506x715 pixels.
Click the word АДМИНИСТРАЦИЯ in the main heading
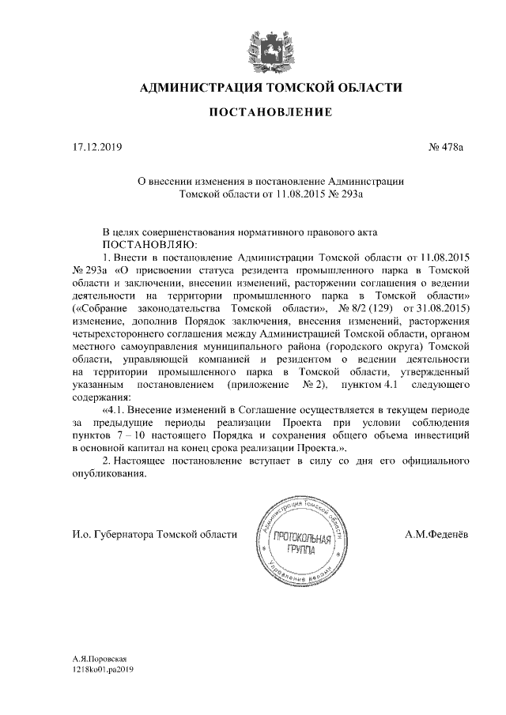point(198,87)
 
